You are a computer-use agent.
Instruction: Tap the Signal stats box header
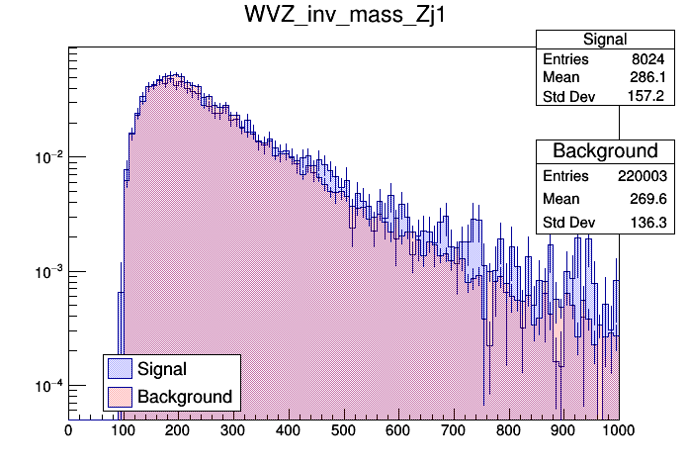[605, 40]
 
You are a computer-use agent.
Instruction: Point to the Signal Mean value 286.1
[651, 78]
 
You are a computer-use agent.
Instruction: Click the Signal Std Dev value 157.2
[651, 97]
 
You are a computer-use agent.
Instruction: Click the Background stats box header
[605, 151]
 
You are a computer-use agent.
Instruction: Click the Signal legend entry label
[162, 369]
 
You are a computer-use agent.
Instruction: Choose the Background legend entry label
[185, 397]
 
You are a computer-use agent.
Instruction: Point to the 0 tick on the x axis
[68, 430]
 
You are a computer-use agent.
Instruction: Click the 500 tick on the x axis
[344, 430]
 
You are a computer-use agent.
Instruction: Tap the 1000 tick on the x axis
[618, 430]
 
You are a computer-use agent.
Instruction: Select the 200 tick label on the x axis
[178, 430]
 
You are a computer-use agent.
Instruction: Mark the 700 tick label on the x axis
[454, 430]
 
